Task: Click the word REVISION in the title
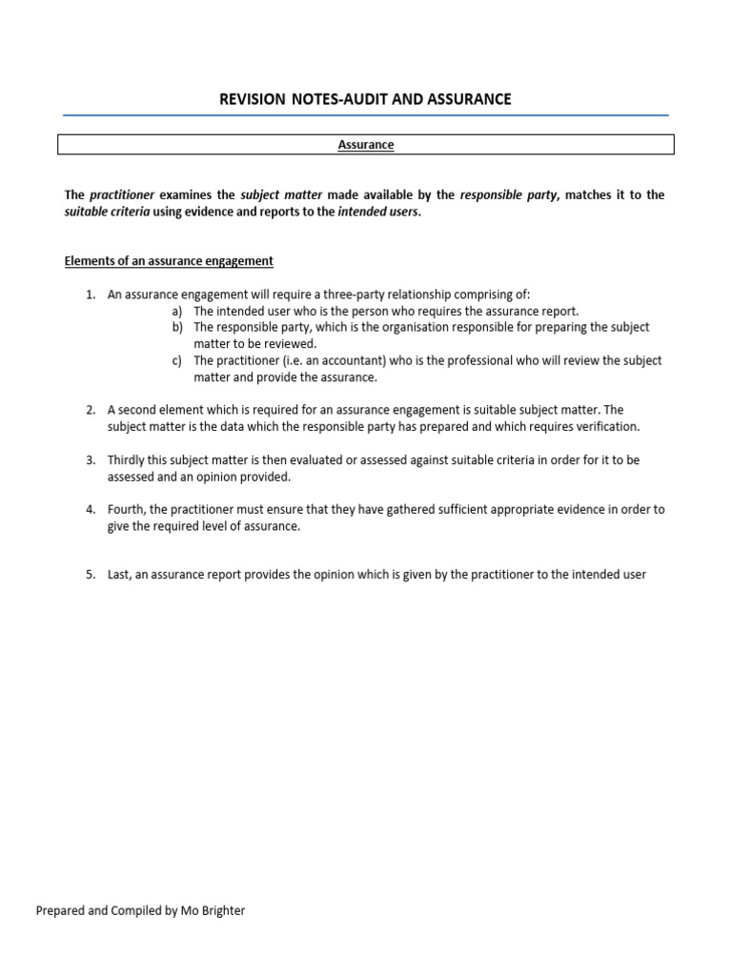253,99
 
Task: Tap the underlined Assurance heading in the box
366,145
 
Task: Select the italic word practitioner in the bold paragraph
122,194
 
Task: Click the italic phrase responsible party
509,194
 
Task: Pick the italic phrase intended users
377,212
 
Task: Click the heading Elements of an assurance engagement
169,260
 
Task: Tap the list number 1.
90,295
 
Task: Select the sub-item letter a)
177,311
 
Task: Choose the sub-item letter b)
177,327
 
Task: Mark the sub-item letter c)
177,360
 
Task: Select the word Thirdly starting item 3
129,459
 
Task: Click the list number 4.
90,510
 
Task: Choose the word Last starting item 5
120,575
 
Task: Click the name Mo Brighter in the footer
213,910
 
